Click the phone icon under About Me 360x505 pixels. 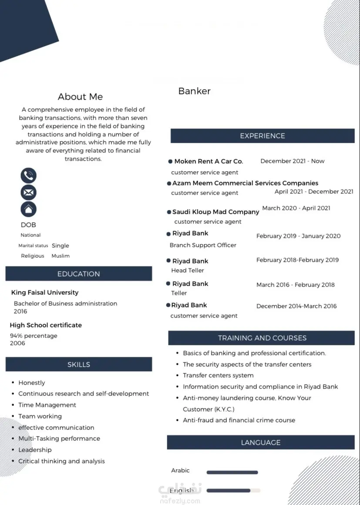tap(29, 176)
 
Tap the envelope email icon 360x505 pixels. tap(29, 192)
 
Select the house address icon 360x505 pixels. tap(29, 209)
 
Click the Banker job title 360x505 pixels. tap(194, 91)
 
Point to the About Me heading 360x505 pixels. tap(80, 97)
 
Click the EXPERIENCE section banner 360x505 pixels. tap(262, 136)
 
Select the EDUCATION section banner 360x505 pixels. tap(79, 274)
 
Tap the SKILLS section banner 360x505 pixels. tap(79, 364)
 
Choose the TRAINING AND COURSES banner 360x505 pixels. tap(262, 338)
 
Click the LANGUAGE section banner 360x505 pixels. tap(261, 442)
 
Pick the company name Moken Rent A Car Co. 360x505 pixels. tap(209, 161)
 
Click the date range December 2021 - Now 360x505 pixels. tap(292, 161)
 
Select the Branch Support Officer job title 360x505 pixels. tap(203, 245)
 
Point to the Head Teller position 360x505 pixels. tap(188, 270)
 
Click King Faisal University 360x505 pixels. tap(45, 292)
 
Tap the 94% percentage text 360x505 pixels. tap(34, 336)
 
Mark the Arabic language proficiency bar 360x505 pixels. tap(232, 472)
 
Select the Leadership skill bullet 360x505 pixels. tap(35, 450)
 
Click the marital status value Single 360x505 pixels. tap(61, 245)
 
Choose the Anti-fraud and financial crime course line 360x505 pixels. tap(239, 420)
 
